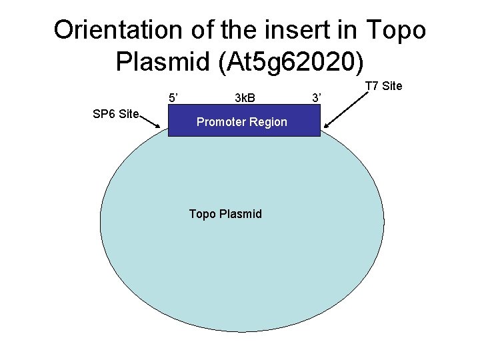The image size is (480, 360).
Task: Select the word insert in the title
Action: [x=305, y=30]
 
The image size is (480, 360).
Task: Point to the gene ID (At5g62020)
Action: [x=287, y=62]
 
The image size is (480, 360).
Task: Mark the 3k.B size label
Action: [x=245, y=99]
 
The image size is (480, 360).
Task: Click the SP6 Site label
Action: [x=115, y=114]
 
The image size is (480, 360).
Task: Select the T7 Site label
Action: [x=383, y=86]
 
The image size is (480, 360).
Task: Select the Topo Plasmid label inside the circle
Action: [x=225, y=214]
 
